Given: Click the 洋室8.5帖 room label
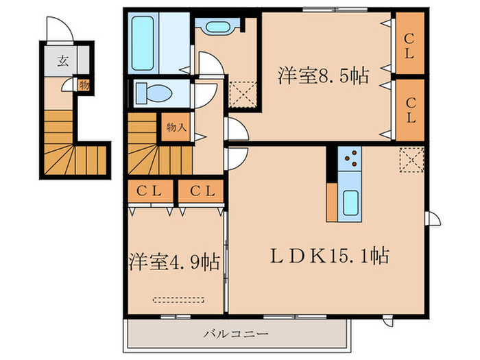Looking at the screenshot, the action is tap(324, 75).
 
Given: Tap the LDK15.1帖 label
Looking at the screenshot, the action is tap(330, 256).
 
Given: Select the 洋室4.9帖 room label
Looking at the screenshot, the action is tap(174, 262).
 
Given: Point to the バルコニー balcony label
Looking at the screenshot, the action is tap(236, 333).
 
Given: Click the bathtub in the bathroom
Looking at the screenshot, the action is tap(143, 43).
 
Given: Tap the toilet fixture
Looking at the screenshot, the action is tap(154, 93).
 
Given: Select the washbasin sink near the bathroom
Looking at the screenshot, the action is tap(218, 27).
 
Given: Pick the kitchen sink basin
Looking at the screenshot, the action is tap(350, 203).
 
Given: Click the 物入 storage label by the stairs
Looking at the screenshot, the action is tap(176, 128).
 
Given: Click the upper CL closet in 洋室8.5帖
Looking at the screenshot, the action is tap(409, 43).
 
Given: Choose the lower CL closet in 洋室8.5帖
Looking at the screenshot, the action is tap(409, 110).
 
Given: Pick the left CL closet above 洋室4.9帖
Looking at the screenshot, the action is tap(150, 191).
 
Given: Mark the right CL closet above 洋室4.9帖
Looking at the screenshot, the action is tap(201, 191).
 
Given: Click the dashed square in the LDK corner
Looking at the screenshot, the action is tap(411, 160).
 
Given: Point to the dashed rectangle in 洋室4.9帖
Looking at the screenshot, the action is tap(178, 300).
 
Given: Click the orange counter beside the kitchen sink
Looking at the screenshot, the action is tap(332, 202).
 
